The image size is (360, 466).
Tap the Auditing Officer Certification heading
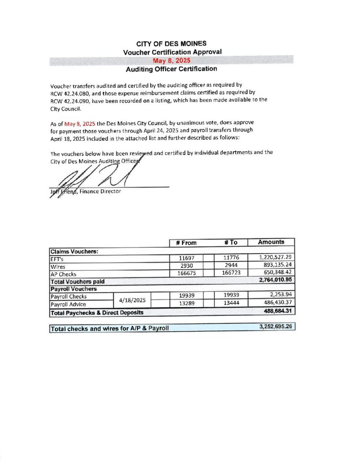171,69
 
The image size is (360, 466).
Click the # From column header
186,243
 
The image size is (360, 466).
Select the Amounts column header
271,242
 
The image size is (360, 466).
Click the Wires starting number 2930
187,266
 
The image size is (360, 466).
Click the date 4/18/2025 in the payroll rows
132,300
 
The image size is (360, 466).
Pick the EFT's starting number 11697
187,258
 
